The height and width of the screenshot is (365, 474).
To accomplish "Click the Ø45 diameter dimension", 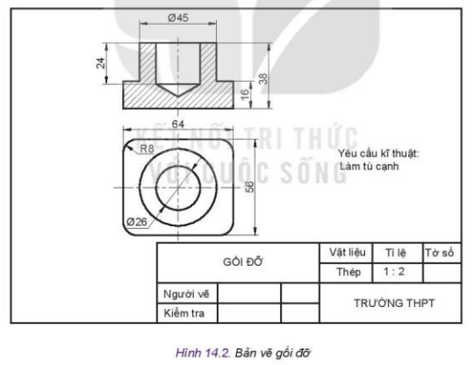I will click(x=179, y=17).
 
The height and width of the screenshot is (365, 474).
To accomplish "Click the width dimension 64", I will click(x=178, y=125).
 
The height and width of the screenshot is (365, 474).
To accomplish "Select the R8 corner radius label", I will click(x=148, y=148).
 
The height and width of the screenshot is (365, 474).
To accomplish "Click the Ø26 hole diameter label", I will click(x=137, y=220).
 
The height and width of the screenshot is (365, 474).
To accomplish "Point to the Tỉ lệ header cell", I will click(x=395, y=253).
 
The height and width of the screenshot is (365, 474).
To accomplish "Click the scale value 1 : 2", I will click(x=395, y=272).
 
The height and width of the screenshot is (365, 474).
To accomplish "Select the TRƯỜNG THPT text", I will click(x=394, y=302).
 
